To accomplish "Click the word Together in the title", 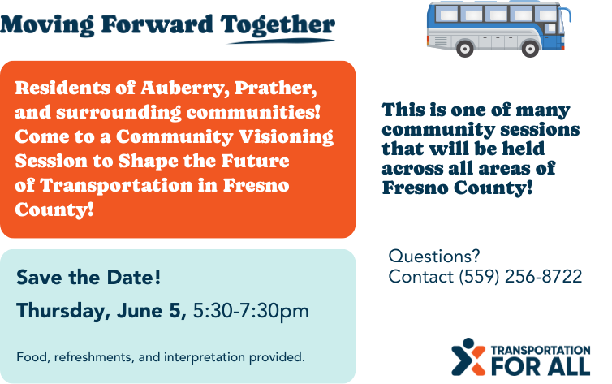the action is tap(278, 26).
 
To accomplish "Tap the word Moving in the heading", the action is tap(47, 26).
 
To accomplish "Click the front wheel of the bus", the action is tap(530, 49).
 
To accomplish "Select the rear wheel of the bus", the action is tap(464, 49).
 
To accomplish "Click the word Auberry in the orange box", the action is tap(185, 88).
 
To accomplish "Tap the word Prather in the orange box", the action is tap(275, 88).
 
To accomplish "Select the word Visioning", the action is tap(286, 137).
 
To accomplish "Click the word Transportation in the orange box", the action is tap(116, 185).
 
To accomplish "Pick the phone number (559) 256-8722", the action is tap(520, 277).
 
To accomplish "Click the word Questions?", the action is tap(434, 257).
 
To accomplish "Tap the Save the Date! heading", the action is tap(88, 278).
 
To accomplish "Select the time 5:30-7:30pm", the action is tap(251, 311).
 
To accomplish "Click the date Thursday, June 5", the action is tap(101, 312).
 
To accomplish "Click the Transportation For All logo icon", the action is tap(468, 356).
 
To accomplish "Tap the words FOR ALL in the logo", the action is tap(541, 366).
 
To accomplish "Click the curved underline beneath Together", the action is tap(281, 41).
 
